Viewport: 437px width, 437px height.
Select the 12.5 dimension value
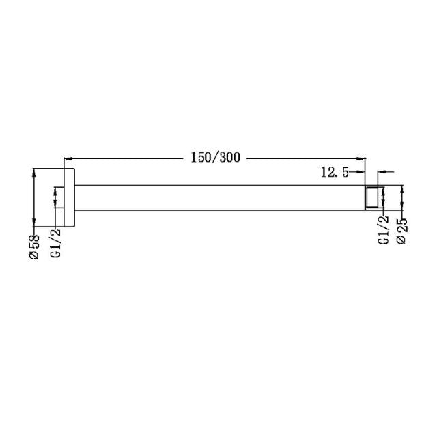(x=335, y=173)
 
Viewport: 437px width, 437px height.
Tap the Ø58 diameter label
(x=35, y=246)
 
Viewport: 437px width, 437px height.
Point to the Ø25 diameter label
(x=402, y=230)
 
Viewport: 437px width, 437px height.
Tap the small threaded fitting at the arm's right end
(x=372, y=197)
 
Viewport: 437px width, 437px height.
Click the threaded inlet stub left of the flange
(x=60, y=197)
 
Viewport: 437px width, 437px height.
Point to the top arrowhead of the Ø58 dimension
(x=35, y=172)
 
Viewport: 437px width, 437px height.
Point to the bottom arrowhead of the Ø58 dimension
(x=35, y=222)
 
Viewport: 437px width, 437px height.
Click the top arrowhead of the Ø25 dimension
(x=402, y=188)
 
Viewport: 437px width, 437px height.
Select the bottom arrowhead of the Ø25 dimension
(x=402, y=206)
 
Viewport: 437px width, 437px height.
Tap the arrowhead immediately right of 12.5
(x=361, y=173)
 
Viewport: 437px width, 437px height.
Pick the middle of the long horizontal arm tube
(x=218, y=197)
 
